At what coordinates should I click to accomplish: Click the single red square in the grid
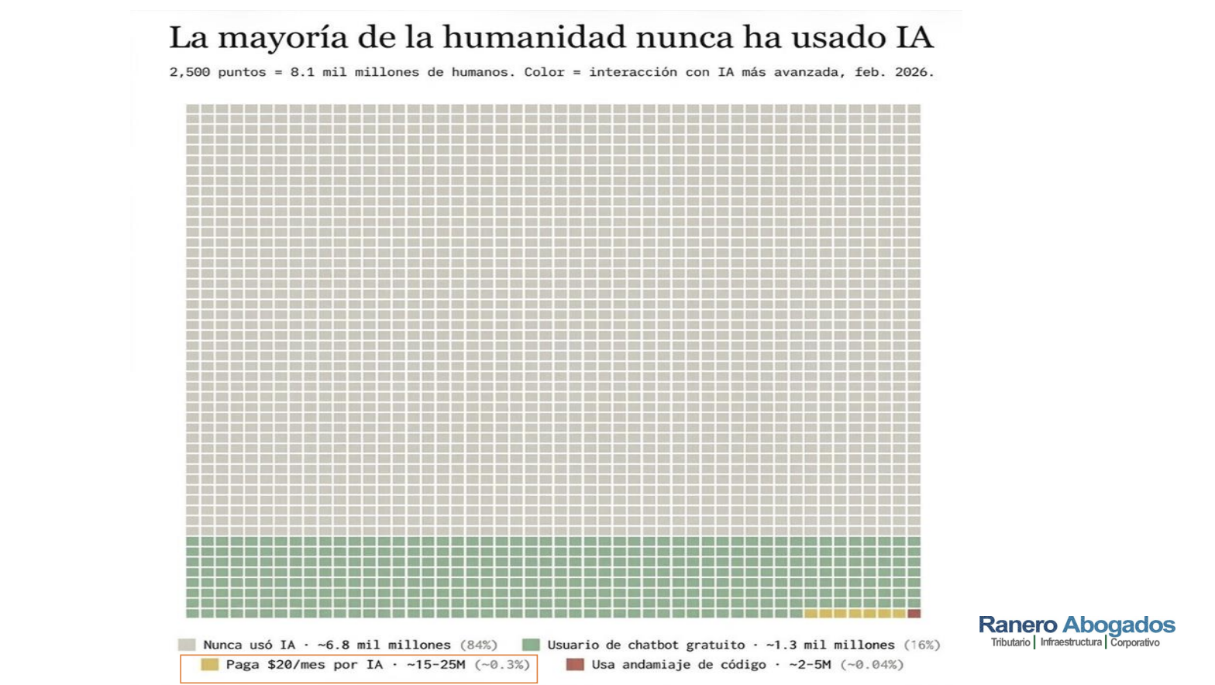pyautogui.click(x=914, y=614)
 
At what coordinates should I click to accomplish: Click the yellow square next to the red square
pyautogui.click(x=900, y=614)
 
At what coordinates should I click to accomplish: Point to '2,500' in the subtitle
pyautogui.click(x=189, y=72)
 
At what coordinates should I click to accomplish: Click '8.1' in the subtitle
pyautogui.click(x=302, y=72)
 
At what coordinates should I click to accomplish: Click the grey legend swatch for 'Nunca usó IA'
pyautogui.click(x=187, y=645)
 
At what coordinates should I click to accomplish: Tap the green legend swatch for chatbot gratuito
pyautogui.click(x=531, y=645)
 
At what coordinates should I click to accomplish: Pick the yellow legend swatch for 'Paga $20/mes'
pyautogui.click(x=209, y=664)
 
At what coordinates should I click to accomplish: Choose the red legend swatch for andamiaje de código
pyautogui.click(x=575, y=664)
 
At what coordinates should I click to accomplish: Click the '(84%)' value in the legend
pyautogui.click(x=478, y=645)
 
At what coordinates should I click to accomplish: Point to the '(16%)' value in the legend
pyautogui.click(x=922, y=645)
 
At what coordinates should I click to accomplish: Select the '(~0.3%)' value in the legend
pyautogui.click(x=502, y=665)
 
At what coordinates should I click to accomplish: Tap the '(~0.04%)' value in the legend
pyautogui.click(x=873, y=665)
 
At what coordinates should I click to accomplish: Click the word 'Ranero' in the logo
pyautogui.click(x=1017, y=625)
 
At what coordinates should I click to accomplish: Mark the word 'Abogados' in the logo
pyautogui.click(x=1118, y=625)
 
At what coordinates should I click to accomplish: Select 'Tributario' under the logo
pyautogui.click(x=1010, y=642)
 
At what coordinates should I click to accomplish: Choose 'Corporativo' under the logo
pyautogui.click(x=1134, y=642)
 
